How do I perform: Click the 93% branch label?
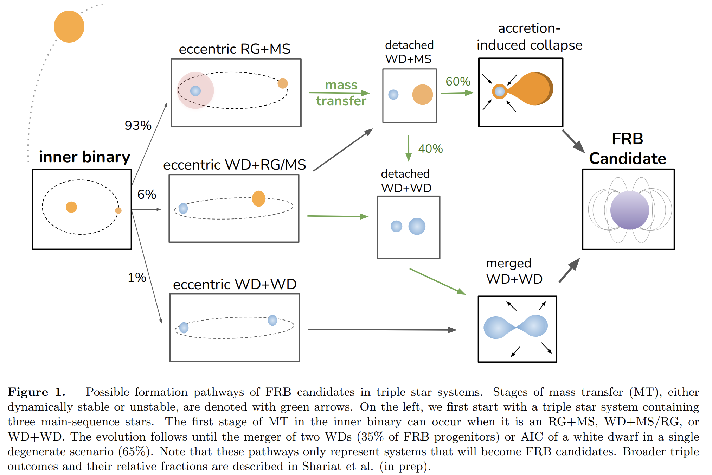138,126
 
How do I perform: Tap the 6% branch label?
147,194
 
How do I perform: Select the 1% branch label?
137,278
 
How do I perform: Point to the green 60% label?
458,82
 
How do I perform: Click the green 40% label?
430,149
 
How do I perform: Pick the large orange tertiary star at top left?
69,27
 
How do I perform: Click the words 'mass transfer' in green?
341,93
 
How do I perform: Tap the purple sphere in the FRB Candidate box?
629,210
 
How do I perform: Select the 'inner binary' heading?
84,157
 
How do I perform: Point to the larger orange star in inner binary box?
71,207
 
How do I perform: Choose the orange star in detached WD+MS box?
422,95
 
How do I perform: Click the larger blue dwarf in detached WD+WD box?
417,226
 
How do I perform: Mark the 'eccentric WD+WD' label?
235,284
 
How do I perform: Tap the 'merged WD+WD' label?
514,271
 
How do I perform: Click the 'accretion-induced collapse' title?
530,37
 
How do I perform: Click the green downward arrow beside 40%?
409,148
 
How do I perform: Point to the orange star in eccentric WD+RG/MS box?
258,198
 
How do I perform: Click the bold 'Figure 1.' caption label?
37,392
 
